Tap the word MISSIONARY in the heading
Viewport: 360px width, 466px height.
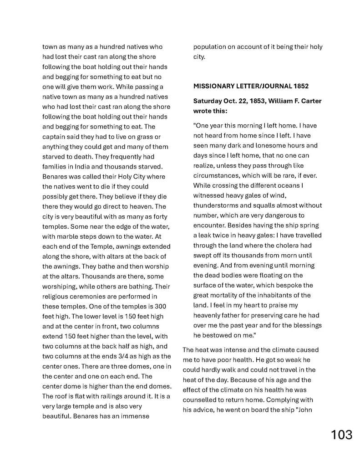tap(214, 86)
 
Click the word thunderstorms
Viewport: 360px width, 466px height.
tap(216, 205)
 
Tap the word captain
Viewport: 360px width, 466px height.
tap(55, 137)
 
